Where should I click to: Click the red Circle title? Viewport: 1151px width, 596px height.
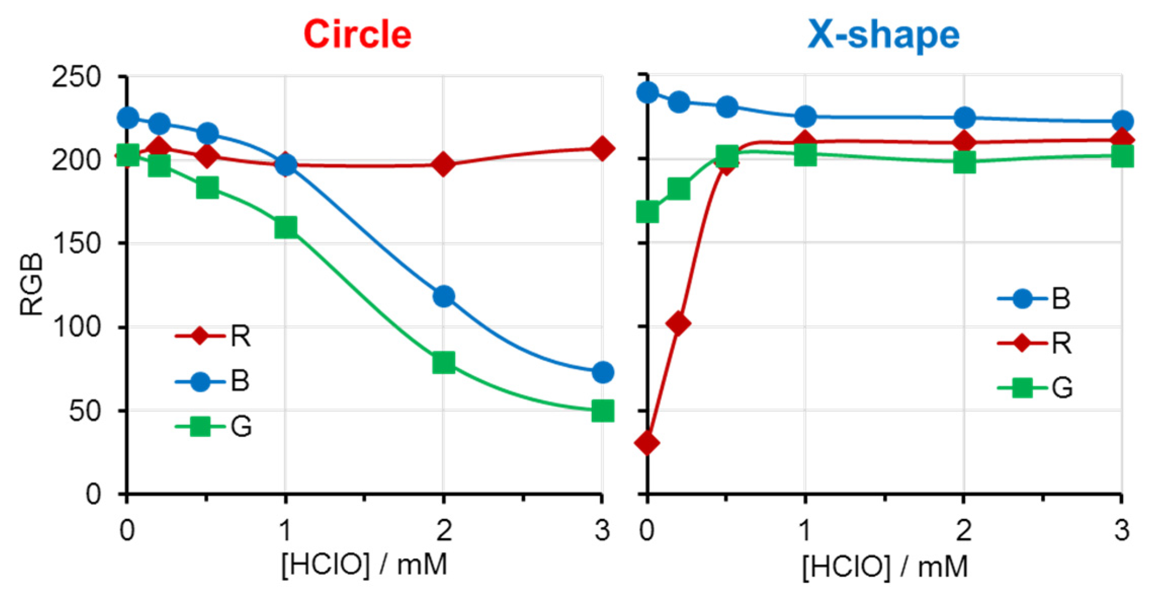pos(357,34)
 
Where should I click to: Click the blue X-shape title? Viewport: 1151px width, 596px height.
pos(883,34)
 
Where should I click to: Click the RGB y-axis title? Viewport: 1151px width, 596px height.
pos(31,285)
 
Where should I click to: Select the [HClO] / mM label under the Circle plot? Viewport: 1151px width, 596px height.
pos(364,564)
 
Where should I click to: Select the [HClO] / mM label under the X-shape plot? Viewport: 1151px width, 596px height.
pos(885,566)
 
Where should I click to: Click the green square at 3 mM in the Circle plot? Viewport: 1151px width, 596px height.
pos(602,411)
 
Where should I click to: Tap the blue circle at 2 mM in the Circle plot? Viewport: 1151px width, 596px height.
pos(444,296)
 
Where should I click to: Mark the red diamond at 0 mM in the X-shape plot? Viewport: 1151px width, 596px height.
pos(647,443)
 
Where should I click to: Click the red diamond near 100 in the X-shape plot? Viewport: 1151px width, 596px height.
pos(678,323)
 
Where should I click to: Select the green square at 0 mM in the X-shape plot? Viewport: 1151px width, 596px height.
pos(648,212)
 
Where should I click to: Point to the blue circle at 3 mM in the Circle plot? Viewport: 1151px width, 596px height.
pos(602,373)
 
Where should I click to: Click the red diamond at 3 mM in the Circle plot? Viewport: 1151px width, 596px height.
pos(602,148)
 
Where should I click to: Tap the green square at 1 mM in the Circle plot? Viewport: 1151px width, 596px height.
pos(286,227)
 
